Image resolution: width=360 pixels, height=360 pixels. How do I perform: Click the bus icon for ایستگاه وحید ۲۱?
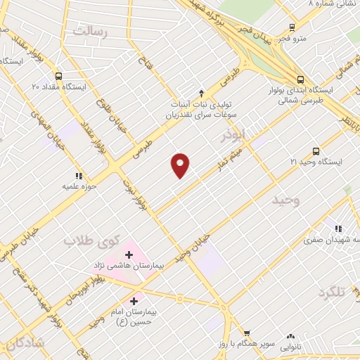click(316, 150)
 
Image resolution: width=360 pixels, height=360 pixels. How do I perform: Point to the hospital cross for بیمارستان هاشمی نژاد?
click(129, 255)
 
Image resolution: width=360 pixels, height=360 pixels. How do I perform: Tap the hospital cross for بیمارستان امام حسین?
click(144, 300)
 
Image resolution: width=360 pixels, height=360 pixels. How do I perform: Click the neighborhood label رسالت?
click(92, 32)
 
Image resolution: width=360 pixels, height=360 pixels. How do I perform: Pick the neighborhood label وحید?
click(285, 200)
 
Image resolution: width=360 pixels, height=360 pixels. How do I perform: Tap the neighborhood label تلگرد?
click(333, 292)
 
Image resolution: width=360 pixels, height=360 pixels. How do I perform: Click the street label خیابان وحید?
click(193, 247)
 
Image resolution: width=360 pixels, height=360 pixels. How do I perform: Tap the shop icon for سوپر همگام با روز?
click(247, 333)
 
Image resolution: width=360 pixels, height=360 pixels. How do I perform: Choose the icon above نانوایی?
click(290, 336)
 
